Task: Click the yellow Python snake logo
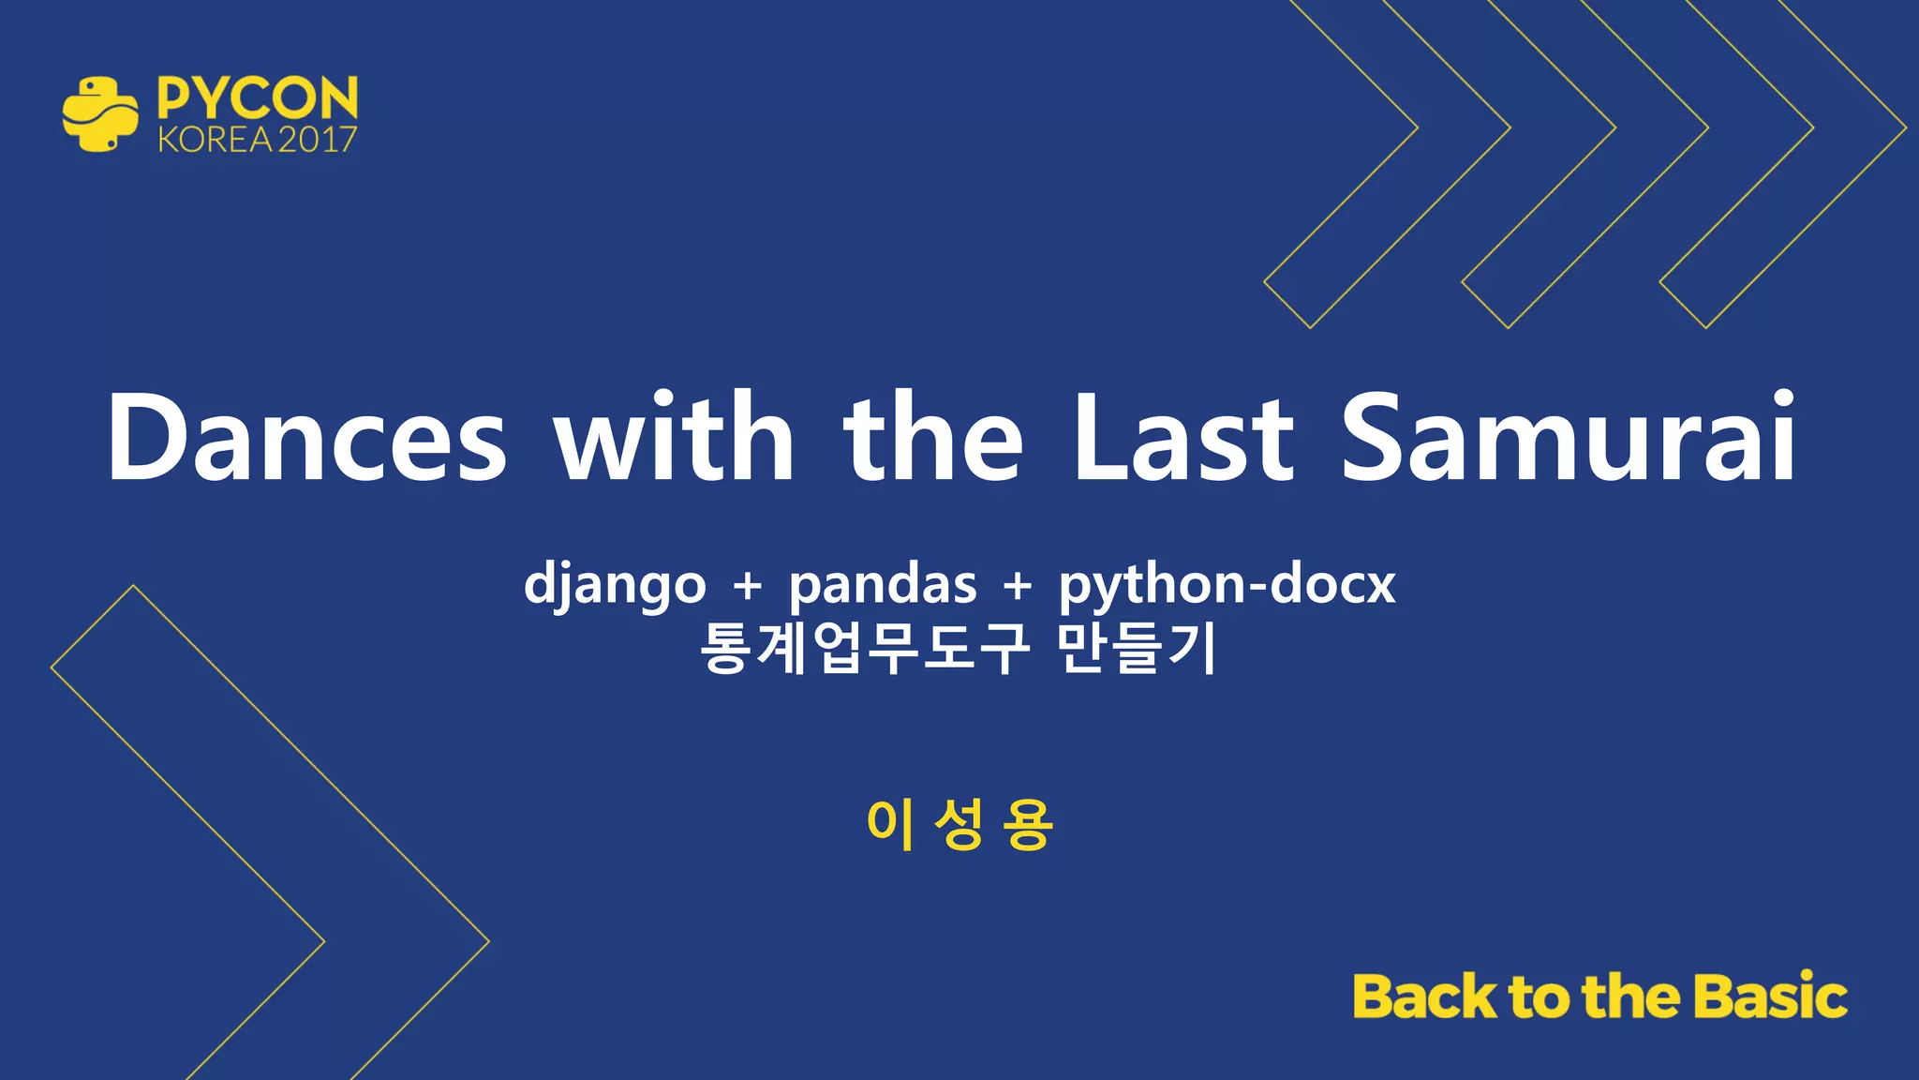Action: point(100,114)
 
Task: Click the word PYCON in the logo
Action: point(258,97)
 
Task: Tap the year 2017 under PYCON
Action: point(317,140)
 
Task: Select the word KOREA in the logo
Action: point(215,140)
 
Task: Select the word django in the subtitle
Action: point(615,587)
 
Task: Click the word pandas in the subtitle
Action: point(882,587)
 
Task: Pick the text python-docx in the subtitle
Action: point(1227,587)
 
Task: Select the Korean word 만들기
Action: point(1137,648)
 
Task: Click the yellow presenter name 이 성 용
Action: point(959,825)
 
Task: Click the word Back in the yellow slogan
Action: point(1424,997)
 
